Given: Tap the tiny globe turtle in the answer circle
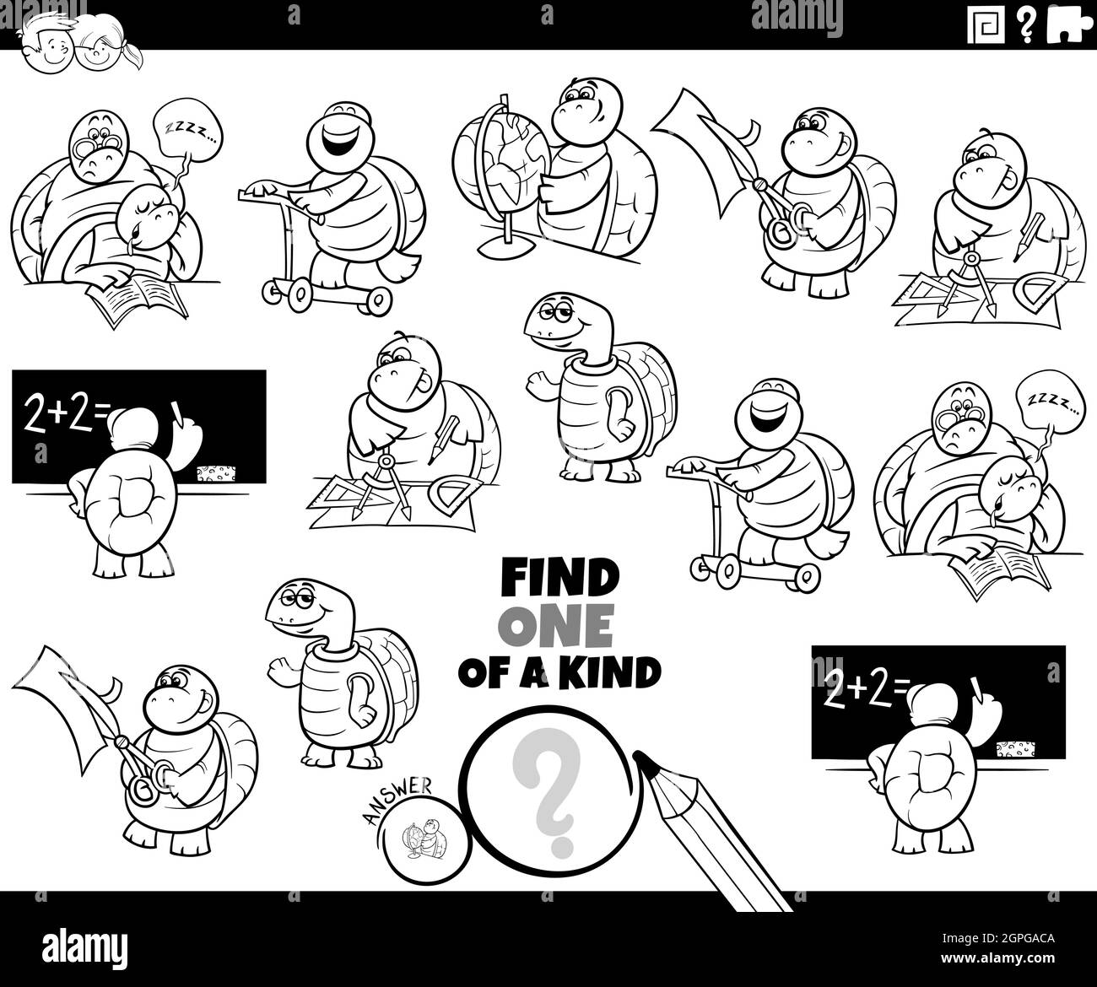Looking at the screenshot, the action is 424,839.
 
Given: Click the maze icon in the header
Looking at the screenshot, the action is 986,24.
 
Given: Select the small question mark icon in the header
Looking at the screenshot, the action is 1026,24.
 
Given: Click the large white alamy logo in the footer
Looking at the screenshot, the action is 84,947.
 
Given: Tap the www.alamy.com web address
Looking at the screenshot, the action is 997,958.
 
